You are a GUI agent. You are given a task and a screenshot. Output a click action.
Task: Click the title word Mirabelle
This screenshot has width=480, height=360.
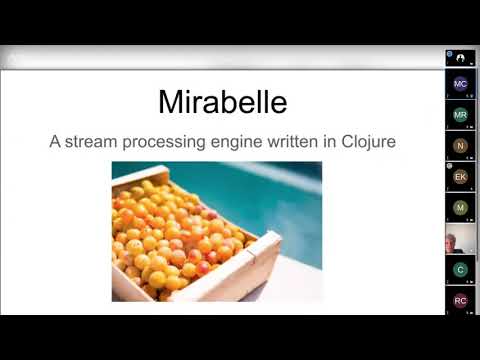click(x=222, y=101)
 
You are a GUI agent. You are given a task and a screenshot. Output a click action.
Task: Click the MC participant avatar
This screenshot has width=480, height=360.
click(x=460, y=84)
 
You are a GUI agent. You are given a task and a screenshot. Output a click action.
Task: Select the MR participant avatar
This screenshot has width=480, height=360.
click(x=460, y=115)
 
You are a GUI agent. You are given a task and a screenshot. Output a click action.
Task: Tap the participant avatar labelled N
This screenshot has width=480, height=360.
click(x=460, y=146)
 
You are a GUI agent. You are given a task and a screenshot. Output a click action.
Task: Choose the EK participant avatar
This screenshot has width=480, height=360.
click(x=460, y=177)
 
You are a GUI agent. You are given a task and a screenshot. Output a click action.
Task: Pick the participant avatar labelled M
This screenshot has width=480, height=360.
click(x=460, y=208)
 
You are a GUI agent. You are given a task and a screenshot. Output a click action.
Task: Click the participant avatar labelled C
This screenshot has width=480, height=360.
click(x=460, y=270)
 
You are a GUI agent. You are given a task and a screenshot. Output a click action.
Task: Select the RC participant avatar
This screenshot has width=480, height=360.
click(x=460, y=300)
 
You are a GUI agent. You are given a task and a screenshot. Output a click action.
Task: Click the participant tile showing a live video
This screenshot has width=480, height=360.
click(x=460, y=240)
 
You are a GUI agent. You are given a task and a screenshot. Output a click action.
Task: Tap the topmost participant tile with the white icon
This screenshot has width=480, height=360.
click(x=460, y=58)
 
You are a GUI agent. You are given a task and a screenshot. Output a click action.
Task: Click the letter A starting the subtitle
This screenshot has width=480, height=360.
click(x=56, y=141)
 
